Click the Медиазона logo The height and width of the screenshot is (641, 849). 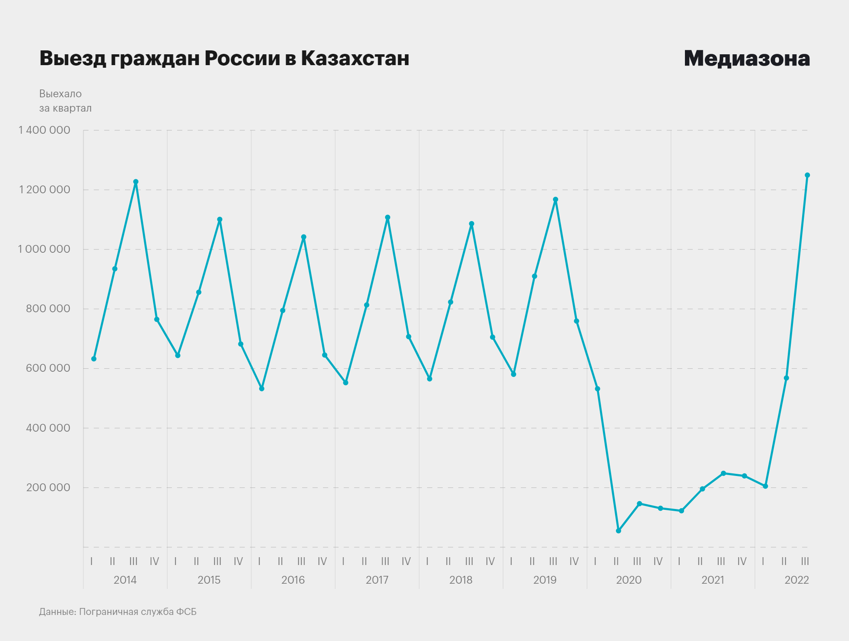[x=747, y=59]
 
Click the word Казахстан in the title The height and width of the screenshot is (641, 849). [x=355, y=59]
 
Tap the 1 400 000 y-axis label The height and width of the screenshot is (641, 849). [x=44, y=130]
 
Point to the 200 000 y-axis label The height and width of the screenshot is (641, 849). [x=48, y=487]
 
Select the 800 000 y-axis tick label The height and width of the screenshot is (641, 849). [x=48, y=309]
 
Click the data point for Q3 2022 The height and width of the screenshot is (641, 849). [x=807, y=175]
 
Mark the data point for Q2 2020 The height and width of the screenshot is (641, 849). [x=619, y=531]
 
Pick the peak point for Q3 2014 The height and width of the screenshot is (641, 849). [x=136, y=182]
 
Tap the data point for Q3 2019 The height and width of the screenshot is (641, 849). [x=556, y=200]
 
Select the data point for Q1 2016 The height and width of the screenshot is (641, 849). [x=262, y=389]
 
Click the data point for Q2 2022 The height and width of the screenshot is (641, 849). [x=786, y=378]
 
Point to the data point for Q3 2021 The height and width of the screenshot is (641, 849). [x=723, y=473]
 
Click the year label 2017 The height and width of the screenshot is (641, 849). [x=377, y=580]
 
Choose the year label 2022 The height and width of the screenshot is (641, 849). [x=796, y=580]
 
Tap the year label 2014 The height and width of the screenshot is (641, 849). [x=125, y=580]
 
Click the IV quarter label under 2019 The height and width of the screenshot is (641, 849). [x=574, y=562]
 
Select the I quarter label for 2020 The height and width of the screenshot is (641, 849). [x=595, y=562]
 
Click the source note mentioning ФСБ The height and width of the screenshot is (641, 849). [x=118, y=611]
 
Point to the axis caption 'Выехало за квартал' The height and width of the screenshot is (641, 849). [x=65, y=101]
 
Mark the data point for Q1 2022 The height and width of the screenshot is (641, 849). [x=765, y=486]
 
